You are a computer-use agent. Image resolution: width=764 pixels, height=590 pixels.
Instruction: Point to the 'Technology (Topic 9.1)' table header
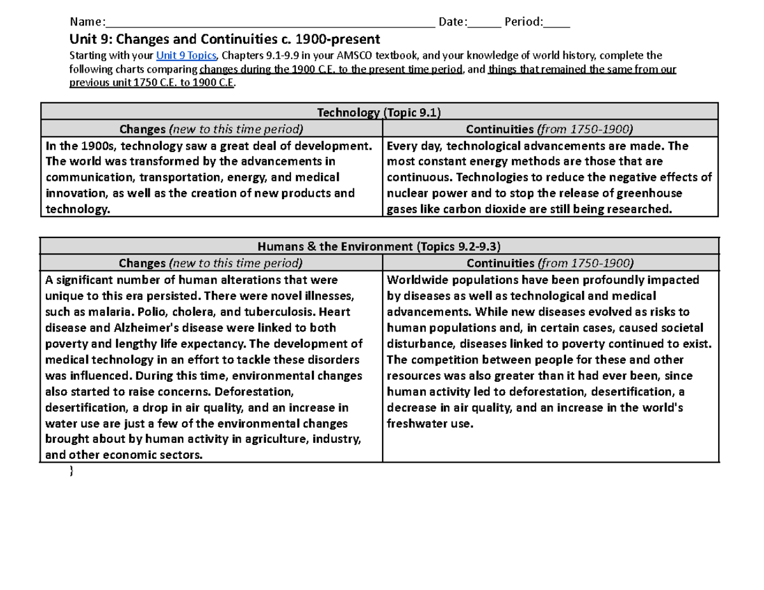tap(379, 113)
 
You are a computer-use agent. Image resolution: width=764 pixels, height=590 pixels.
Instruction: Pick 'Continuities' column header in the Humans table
tap(551, 263)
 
